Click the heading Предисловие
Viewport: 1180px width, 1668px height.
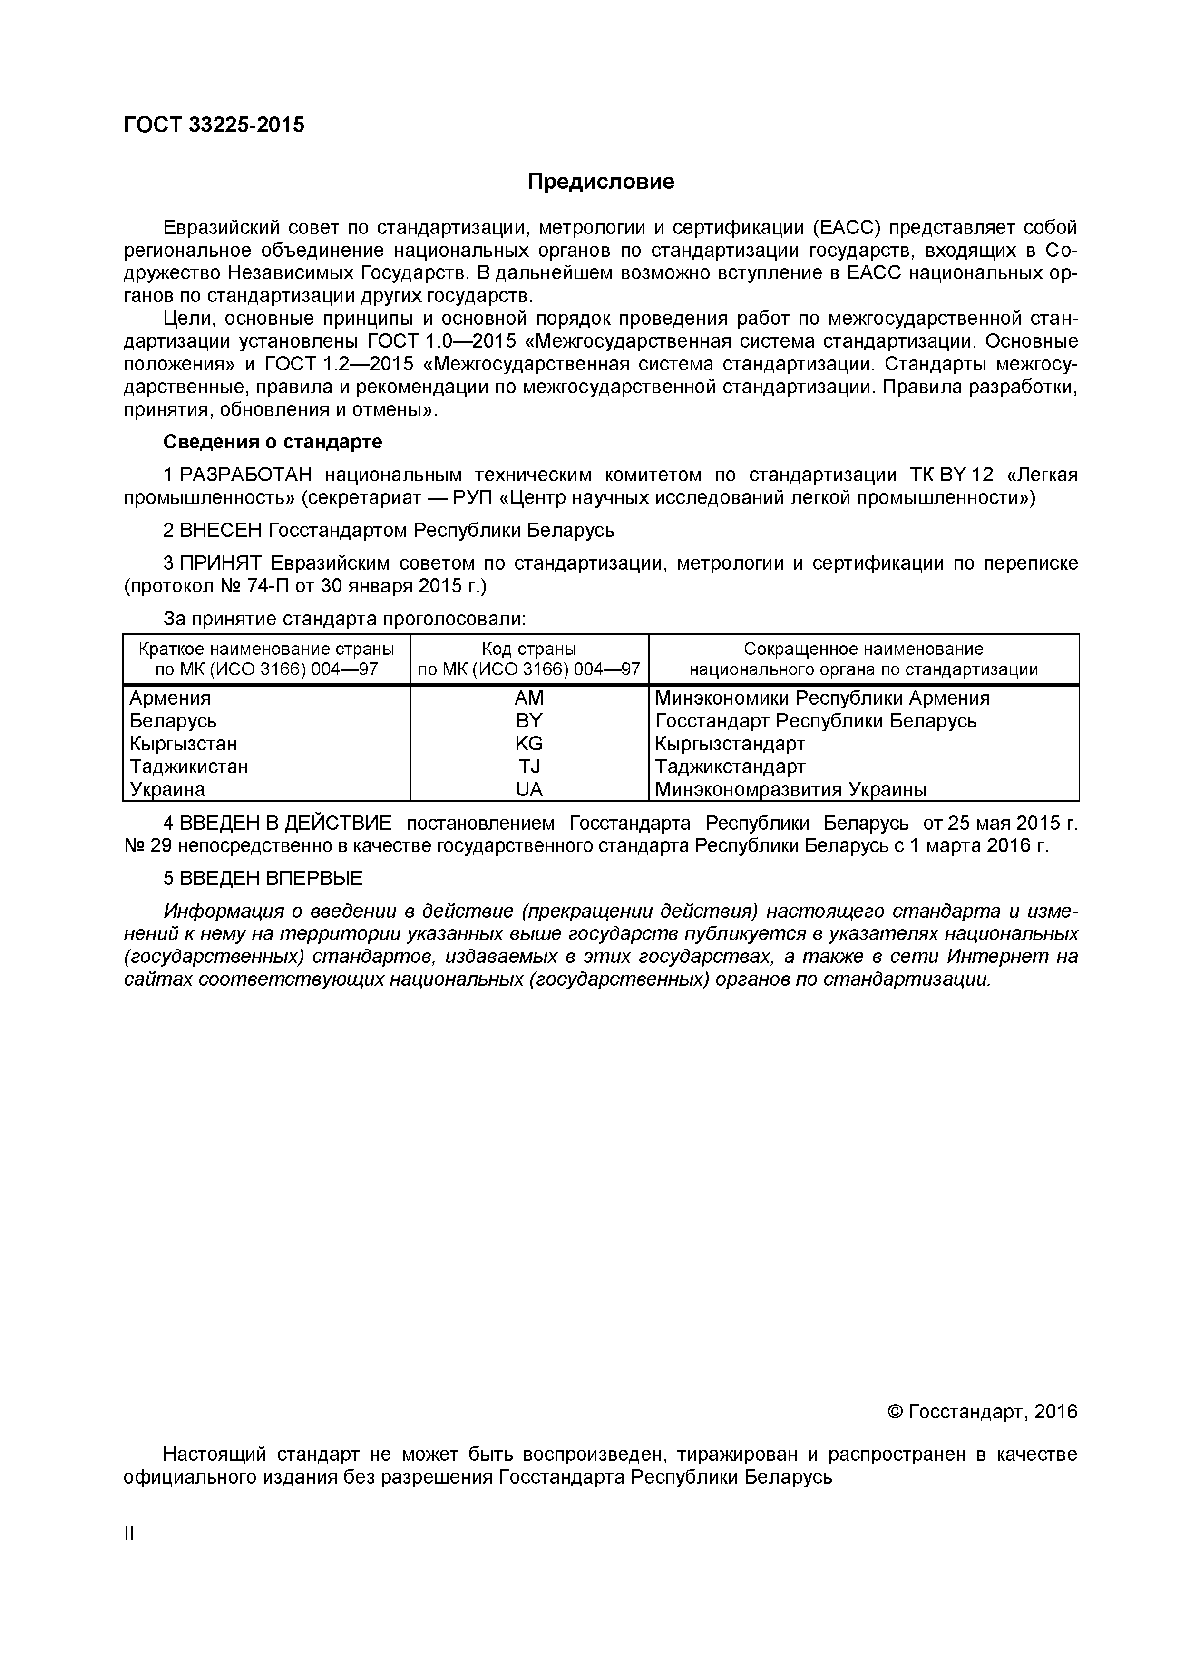(600, 182)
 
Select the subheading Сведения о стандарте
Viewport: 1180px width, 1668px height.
(273, 442)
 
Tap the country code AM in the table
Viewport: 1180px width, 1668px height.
(528, 698)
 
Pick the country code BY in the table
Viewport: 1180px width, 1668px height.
(528, 721)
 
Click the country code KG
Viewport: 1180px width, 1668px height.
(528, 744)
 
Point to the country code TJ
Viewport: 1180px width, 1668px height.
(528, 766)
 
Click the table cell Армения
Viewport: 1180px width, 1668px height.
(170, 698)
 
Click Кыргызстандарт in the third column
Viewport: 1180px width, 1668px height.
(730, 744)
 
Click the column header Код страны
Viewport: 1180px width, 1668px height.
(528, 649)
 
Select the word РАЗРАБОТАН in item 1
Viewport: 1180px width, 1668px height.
(245, 475)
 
